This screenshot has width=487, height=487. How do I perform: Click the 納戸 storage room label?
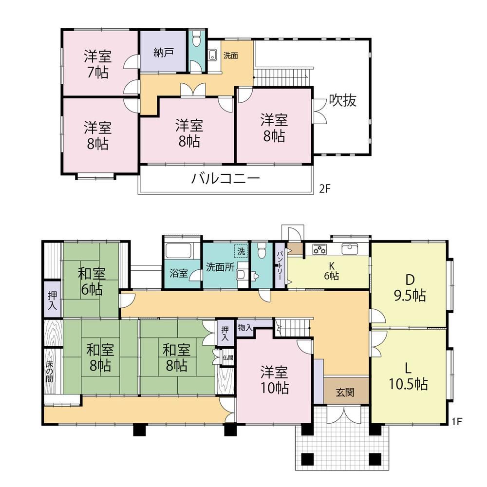coord(163,53)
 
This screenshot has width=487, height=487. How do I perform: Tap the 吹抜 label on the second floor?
coord(342,100)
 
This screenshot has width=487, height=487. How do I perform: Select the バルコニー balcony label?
coord(225,179)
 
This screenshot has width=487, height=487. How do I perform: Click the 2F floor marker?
coord(324,189)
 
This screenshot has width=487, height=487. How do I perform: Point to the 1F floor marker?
coord(457,421)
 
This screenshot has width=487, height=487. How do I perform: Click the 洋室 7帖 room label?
coord(97,64)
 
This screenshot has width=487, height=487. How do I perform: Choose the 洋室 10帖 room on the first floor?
coord(274,379)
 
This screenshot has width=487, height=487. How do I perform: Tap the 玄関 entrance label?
coord(345,392)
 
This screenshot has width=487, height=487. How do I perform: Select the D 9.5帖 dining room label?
coord(410,288)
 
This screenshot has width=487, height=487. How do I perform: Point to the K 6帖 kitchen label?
coord(331,271)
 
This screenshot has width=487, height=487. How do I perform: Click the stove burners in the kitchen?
coord(319,249)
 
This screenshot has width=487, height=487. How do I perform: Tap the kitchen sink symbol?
coord(350,249)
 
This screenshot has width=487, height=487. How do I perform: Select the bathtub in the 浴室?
coord(179,251)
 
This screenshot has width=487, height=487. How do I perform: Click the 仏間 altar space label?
coord(227,358)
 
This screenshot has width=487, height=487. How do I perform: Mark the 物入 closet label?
coord(245,327)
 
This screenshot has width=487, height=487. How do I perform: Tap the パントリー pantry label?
coord(280,265)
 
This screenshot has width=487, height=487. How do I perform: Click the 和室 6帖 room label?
coord(92,281)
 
